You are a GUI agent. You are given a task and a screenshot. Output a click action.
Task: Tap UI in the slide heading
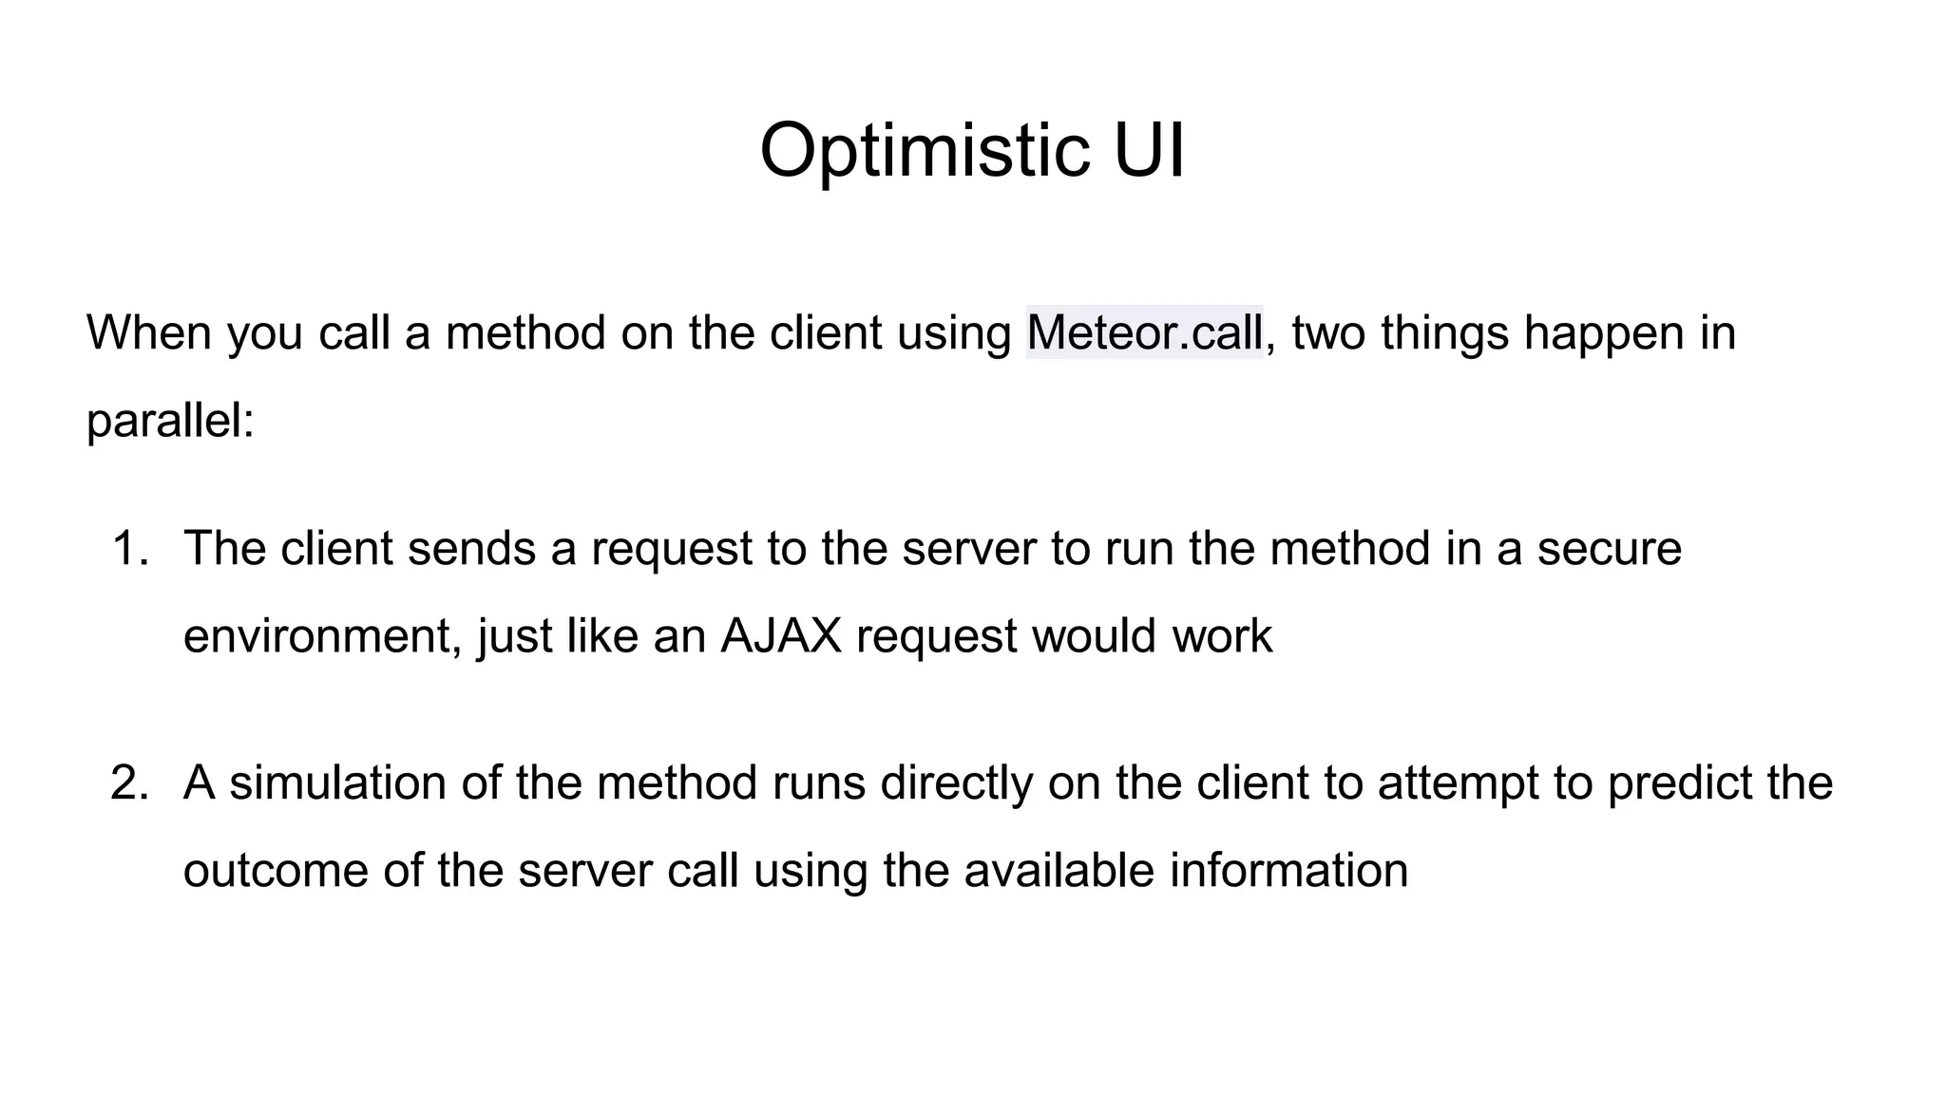[x=1149, y=150]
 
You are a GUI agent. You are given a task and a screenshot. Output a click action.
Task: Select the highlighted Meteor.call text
[x=1145, y=332]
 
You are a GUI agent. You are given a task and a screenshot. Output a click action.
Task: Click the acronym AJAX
[x=781, y=635]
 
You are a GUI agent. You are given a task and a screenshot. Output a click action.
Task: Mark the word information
[x=1288, y=870]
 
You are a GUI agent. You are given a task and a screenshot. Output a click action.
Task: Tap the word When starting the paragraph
[x=148, y=332]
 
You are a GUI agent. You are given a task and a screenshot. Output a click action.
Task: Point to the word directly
[x=957, y=783]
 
